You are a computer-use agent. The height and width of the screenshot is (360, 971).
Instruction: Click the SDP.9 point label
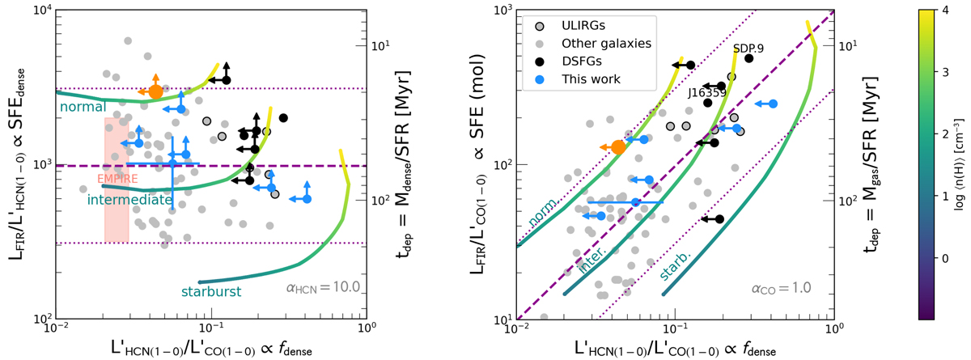pyautogui.click(x=748, y=49)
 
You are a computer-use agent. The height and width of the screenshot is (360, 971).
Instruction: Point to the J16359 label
pyautogui.click(x=706, y=92)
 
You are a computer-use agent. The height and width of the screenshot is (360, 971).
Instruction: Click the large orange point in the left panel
pyautogui.click(x=156, y=91)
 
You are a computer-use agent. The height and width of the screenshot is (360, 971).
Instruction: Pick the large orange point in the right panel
pyautogui.click(x=618, y=146)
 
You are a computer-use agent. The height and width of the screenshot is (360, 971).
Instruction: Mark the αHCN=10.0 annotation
pyautogui.click(x=318, y=287)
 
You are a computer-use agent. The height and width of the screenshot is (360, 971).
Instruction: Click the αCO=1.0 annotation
pyautogui.click(x=782, y=287)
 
